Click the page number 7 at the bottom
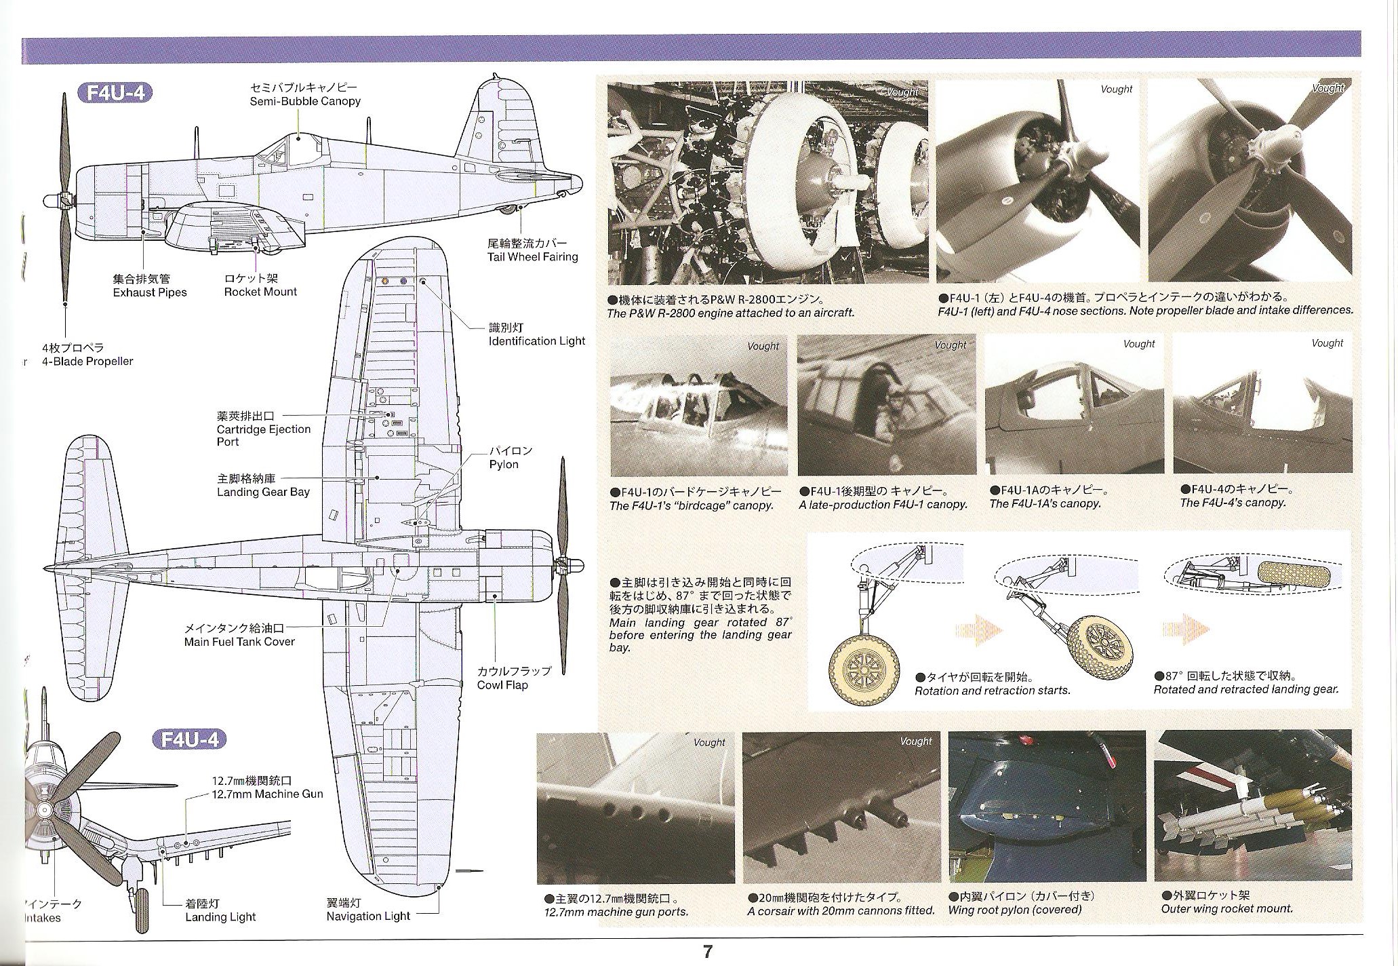point(707,952)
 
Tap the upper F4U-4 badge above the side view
point(115,92)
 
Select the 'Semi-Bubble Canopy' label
point(304,101)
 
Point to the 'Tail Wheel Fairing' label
point(532,256)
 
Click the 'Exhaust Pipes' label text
point(149,292)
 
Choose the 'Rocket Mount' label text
point(260,292)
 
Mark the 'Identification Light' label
point(536,341)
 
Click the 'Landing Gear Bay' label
point(263,492)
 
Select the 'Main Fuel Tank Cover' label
point(239,641)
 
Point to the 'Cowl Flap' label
point(502,684)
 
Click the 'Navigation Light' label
point(368,916)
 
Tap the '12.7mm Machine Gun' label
point(267,794)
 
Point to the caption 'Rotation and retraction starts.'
point(992,691)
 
